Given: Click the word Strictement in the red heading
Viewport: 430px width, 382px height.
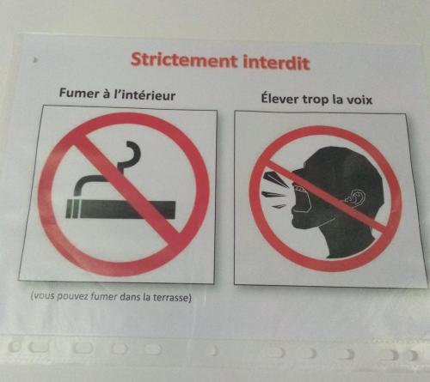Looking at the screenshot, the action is (x=184, y=60).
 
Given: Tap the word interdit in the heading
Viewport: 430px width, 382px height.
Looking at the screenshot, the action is (x=276, y=63).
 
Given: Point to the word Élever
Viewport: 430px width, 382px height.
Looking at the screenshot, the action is (x=279, y=98).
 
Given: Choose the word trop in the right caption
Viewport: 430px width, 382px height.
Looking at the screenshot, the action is (x=316, y=100).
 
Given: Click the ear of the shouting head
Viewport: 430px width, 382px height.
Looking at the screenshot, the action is (x=355, y=198).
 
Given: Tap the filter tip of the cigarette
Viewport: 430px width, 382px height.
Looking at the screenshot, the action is (x=71, y=209).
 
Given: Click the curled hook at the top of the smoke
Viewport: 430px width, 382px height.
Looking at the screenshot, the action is (x=132, y=152).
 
